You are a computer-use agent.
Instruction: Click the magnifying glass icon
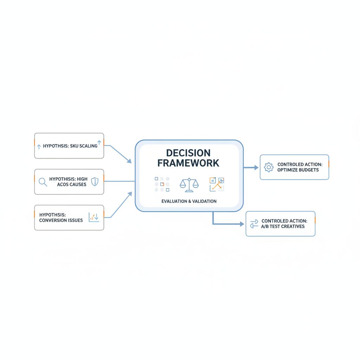[43, 182]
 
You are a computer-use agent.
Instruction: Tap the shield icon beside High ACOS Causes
[95, 181]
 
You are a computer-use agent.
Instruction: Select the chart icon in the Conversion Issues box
[94, 217]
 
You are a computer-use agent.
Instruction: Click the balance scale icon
[189, 184]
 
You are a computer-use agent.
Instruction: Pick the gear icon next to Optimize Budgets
[269, 167]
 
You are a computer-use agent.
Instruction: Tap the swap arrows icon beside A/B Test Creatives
[254, 224]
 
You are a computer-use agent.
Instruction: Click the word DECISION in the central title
[188, 153]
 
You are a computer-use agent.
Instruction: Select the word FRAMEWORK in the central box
[188, 163]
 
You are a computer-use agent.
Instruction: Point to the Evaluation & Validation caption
[189, 201]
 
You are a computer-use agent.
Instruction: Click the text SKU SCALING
[84, 146]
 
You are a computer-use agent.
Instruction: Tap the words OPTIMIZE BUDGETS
[298, 170]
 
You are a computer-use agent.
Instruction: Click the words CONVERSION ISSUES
[61, 220]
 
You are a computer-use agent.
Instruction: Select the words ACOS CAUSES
[72, 184]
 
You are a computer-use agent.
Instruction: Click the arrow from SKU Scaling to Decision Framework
[120, 154]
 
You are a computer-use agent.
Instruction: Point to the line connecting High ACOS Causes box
[120, 181]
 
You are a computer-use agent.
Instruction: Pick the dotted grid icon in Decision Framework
[162, 184]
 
